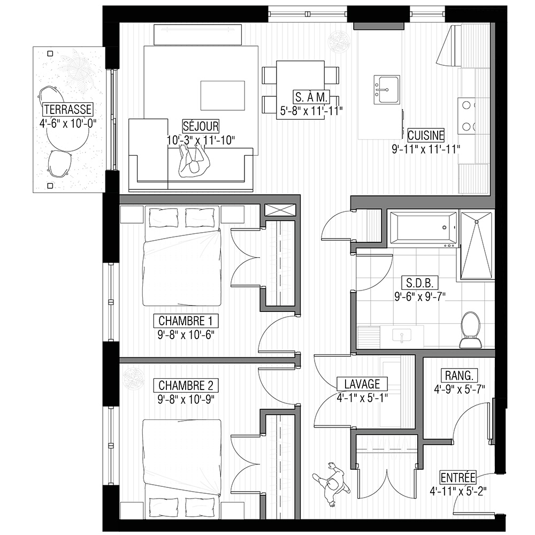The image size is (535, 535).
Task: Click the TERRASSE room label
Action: click(x=67, y=110)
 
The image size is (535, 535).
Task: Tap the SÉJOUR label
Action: click(x=201, y=126)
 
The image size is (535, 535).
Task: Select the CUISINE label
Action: click(x=426, y=135)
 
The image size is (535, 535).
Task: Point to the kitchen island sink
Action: click(x=387, y=90)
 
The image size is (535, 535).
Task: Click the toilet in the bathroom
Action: click(x=470, y=330)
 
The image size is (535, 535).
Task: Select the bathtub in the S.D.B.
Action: click(x=423, y=228)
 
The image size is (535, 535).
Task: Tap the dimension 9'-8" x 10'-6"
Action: click(x=186, y=335)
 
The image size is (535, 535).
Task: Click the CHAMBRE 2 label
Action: click(x=186, y=386)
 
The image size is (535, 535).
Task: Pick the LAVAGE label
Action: click(x=362, y=384)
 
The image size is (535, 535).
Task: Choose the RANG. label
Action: click(x=459, y=376)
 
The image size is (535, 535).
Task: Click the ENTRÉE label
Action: click(x=458, y=478)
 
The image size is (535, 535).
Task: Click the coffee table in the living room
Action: click(x=223, y=96)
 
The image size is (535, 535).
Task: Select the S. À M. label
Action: click(x=311, y=97)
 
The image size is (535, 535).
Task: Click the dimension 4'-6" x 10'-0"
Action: click(x=67, y=124)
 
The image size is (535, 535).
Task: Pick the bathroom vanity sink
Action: click(x=402, y=335)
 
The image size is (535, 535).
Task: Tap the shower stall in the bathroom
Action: click(x=476, y=246)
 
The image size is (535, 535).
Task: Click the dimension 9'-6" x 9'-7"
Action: click(x=420, y=297)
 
